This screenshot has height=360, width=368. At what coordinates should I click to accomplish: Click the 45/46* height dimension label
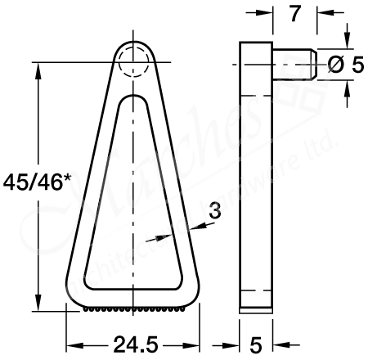pyautogui.click(x=33, y=180)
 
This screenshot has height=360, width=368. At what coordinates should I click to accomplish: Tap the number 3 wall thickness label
pyautogui.click(x=215, y=211)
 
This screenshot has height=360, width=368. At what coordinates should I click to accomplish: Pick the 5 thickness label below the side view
pyautogui.click(x=255, y=342)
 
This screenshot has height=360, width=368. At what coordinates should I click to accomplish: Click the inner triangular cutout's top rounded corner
pyautogui.click(x=132, y=101)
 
